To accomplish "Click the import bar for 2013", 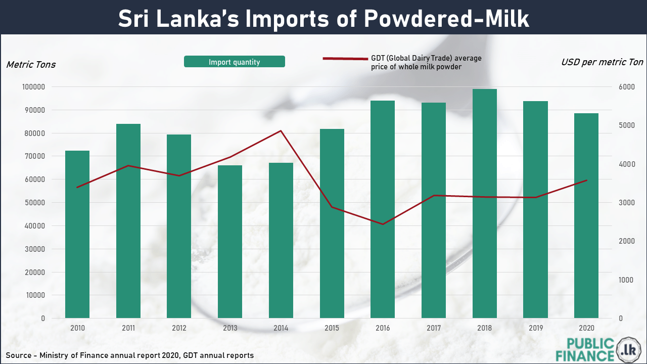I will [230, 241].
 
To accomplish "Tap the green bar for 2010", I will [77, 234].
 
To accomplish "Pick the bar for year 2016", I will [383, 209].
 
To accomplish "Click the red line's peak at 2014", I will [281, 131].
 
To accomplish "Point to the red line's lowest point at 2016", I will [383, 224].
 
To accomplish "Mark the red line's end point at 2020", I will [586, 180].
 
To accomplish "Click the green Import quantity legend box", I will [235, 62].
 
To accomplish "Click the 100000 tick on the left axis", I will [33, 87].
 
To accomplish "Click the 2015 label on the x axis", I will [332, 328].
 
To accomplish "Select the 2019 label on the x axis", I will [535, 328].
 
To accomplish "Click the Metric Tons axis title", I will [31, 65].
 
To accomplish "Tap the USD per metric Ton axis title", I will [602, 62].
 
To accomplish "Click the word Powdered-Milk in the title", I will [445, 19].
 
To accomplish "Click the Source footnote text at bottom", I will [130, 355].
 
